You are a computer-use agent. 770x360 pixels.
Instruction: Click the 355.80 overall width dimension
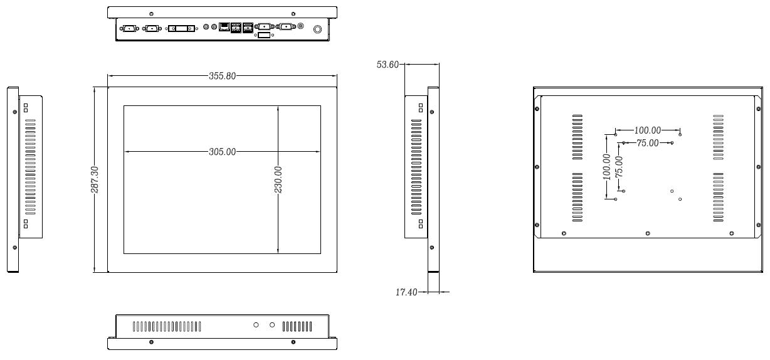[x=222, y=77]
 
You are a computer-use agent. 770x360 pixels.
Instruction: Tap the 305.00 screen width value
[x=222, y=152]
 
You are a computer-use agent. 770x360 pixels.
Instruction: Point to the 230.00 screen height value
[x=278, y=179]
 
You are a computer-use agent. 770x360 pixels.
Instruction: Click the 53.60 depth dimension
[x=388, y=65]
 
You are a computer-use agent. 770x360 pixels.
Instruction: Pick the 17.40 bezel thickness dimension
[x=407, y=292]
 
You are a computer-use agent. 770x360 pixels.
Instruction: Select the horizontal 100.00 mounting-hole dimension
[x=647, y=130]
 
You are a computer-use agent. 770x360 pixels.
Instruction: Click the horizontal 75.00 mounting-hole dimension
[x=647, y=143]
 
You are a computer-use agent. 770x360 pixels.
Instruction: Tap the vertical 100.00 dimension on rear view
[x=606, y=167]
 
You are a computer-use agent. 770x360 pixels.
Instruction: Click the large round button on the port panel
[x=317, y=29]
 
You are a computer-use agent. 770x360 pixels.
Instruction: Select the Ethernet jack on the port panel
[x=223, y=27]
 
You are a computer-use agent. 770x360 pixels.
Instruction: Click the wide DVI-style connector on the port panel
[x=181, y=28]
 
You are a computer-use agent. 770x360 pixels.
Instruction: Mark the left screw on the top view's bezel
[x=151, y=13]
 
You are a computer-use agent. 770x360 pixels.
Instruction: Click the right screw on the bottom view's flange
[x=293, y=342]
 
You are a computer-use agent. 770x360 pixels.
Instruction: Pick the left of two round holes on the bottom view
[x=256, y=325]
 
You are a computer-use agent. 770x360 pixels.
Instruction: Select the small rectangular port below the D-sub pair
[x=264, y=35]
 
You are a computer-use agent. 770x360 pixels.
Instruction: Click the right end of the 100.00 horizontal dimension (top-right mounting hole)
[x=680, y=134]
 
